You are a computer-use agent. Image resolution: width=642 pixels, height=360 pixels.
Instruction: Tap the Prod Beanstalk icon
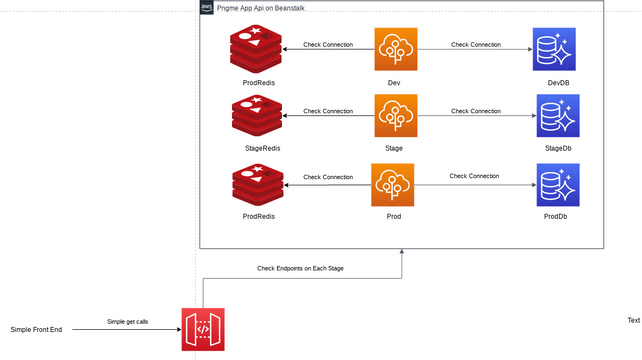click(392, 185)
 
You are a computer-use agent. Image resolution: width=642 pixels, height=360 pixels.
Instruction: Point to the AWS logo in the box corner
click(207, 8)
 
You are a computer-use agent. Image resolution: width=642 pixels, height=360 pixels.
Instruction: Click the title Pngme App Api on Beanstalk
click(255, 8)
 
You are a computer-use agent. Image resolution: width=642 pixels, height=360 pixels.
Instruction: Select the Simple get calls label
click(128, 321)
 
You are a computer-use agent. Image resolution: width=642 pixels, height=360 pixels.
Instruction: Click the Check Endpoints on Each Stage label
click(300, 268)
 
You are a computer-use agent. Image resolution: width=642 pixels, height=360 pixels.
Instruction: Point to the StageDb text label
click(558, 148)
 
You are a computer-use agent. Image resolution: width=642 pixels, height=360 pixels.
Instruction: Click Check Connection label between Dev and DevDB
click(476, 44)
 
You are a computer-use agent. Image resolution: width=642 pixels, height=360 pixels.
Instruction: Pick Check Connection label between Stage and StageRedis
click(328, 111)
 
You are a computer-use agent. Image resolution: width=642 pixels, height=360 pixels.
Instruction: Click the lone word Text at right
click(633, 320)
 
